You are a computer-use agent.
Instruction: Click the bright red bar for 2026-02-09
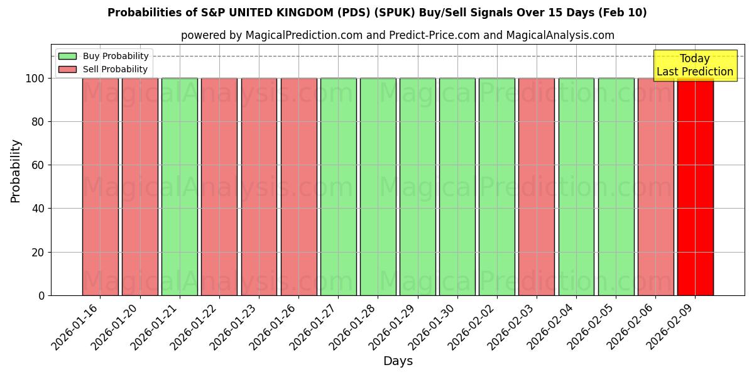click(x=695, y=187)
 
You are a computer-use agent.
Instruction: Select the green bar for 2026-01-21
click(x=180, y=187)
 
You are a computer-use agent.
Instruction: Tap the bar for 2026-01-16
click(x=100, y=187)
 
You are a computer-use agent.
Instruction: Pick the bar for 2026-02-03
click(x=537, y=187)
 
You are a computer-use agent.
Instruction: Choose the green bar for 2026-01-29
click(x=417, y=187)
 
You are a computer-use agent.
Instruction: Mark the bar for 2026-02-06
click(x=655, y=187)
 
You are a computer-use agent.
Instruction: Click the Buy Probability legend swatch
click(x=67, y=57)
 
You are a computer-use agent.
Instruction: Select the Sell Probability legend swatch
click(x=67, y=70)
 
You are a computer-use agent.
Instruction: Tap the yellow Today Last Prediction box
click(x=694, y=65)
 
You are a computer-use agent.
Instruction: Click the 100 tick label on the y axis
click(x=35, y=79)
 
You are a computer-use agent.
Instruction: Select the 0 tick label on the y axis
click(x=41, y=296)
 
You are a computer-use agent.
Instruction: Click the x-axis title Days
click(x=398, y=361)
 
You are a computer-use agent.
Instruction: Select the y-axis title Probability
click(x=16, y=171)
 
